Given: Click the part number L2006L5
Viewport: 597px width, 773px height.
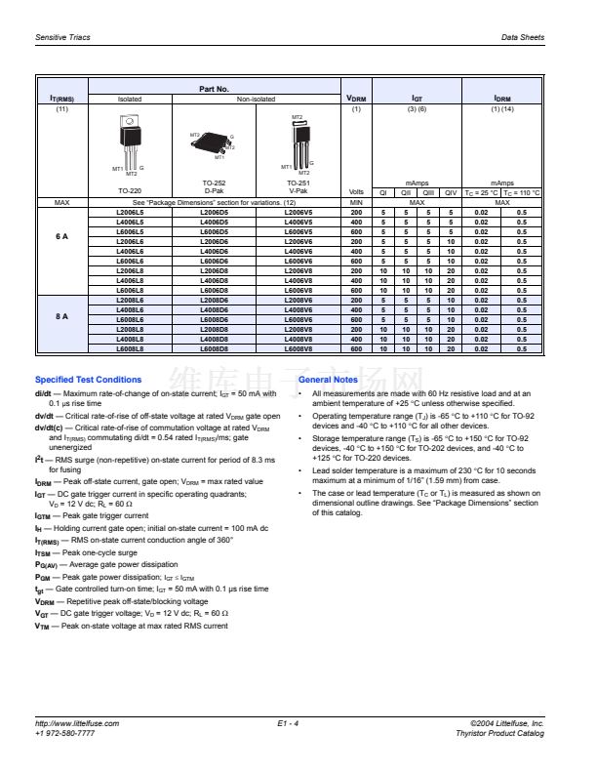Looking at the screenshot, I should pos(129,212).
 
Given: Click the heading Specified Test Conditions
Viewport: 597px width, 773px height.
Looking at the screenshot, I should pos(88,380).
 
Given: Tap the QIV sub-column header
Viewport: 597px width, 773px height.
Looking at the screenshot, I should pos(451,193).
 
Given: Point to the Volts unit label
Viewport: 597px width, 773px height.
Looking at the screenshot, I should pos(355,193).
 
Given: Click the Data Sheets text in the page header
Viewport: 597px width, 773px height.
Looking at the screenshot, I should pos(523,36).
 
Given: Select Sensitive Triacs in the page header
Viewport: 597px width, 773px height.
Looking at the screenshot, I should pos(61,36).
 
